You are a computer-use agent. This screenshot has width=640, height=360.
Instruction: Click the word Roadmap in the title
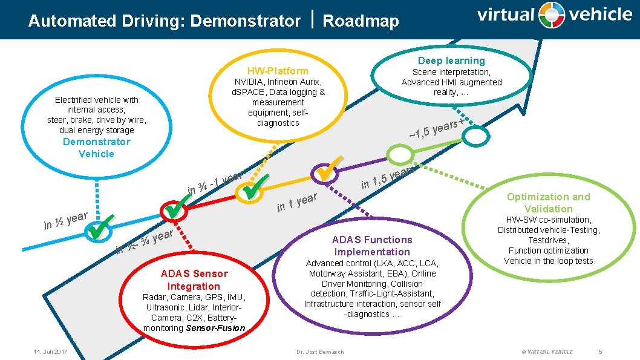361,21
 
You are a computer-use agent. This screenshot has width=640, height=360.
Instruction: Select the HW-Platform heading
278,71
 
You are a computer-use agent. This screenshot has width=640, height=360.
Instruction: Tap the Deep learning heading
451,61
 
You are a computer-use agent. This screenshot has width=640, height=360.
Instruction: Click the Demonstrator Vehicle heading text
96,148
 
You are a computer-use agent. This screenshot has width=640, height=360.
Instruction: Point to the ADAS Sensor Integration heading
194,280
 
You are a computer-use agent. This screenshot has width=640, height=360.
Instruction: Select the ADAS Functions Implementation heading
372,246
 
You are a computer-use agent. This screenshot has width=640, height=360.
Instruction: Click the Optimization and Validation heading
548,203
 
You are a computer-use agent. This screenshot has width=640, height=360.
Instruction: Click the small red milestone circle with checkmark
172,210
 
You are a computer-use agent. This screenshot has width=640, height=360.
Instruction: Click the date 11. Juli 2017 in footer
50,352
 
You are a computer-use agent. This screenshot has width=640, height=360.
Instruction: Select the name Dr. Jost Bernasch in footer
320,352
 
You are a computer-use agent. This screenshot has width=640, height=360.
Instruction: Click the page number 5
600,352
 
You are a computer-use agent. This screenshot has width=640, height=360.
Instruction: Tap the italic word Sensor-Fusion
216,328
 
